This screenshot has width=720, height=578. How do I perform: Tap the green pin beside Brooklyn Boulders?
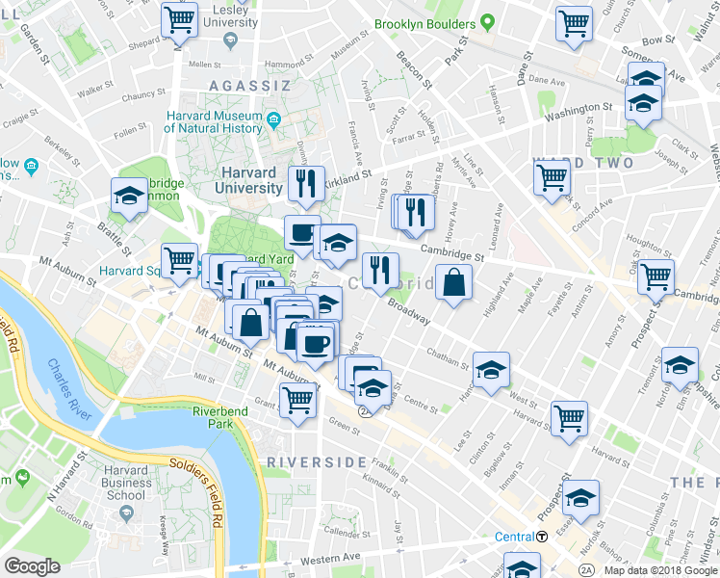(x=488, y=21)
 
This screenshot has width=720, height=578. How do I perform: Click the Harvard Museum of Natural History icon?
(x=273, y=121)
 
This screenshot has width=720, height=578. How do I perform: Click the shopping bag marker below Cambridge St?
(x=453, y=282)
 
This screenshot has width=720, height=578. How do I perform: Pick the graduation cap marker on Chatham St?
(x=491, y=369)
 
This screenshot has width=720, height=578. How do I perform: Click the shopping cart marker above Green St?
(x=297, y=400)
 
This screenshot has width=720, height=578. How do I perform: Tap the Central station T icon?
(x=543, y=537)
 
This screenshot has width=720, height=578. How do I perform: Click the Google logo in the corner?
(x=32, y=565)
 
